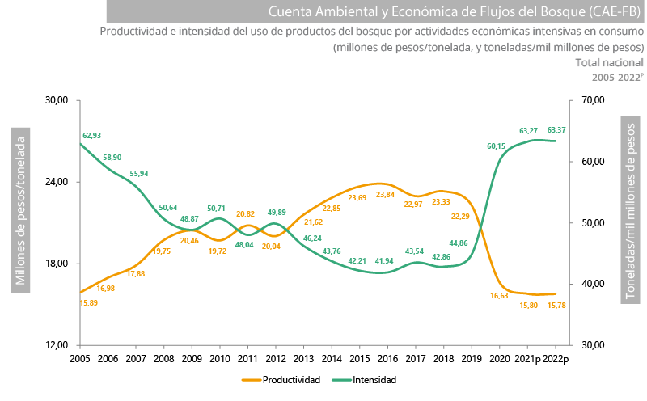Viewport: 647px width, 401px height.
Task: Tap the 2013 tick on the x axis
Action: [303, 358]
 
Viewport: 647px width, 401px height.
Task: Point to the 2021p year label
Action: [528, 358]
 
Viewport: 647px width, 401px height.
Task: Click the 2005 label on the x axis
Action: [79, 358]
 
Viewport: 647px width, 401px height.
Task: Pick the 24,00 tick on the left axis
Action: [57, 182]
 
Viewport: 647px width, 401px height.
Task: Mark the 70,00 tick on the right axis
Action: [594, 100]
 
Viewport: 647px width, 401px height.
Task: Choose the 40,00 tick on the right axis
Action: [594, 284]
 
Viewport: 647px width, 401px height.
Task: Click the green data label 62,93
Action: [91, 136]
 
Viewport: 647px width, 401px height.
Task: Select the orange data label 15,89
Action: [89, 303]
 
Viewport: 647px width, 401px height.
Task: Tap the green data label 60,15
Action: [497, 146]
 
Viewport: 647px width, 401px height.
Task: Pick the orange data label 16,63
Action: [501, 296]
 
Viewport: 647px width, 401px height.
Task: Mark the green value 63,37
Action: [556, 130]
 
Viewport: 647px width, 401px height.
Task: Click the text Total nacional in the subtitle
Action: [609, 62]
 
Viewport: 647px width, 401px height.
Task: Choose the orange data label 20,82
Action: [246, 214]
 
